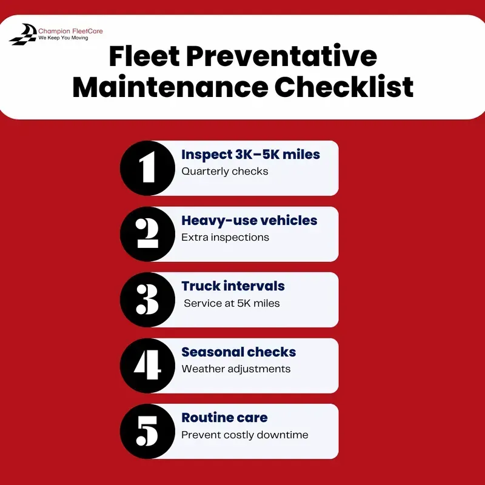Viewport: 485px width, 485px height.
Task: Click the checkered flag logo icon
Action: tap(23, 34)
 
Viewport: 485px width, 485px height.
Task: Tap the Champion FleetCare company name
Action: tap(70, 31)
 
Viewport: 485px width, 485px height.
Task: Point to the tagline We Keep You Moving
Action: tap(63, 38)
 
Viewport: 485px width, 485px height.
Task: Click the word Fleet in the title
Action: tap(144, 56)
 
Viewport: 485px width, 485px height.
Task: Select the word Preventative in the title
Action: tap(281, 56)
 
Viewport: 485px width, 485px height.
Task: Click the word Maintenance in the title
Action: tap(170, 87)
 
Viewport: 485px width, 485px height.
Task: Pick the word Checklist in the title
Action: tap(344, 86)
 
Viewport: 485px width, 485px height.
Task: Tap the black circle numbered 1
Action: tap(147, 168)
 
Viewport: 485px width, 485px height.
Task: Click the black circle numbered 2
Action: tap(147, 234)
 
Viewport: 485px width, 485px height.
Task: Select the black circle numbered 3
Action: tap(147, 299)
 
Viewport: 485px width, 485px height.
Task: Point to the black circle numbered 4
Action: tap(147, 366)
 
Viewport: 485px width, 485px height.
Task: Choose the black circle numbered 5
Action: tap(147, 431)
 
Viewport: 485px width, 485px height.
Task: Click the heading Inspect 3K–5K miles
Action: tap(250, 155)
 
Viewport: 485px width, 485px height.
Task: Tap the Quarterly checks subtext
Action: tap(225, 172)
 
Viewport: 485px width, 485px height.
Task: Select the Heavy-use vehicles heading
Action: tap(249, 221)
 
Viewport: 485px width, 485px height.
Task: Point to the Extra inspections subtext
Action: tap(225, 237)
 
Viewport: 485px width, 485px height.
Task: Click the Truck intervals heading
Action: tap(233, 286)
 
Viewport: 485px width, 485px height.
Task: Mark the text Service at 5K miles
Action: tap(232, 303)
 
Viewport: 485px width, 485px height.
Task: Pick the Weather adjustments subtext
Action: tap(236, 369)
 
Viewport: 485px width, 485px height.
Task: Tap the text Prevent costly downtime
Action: tap(245, 435)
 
